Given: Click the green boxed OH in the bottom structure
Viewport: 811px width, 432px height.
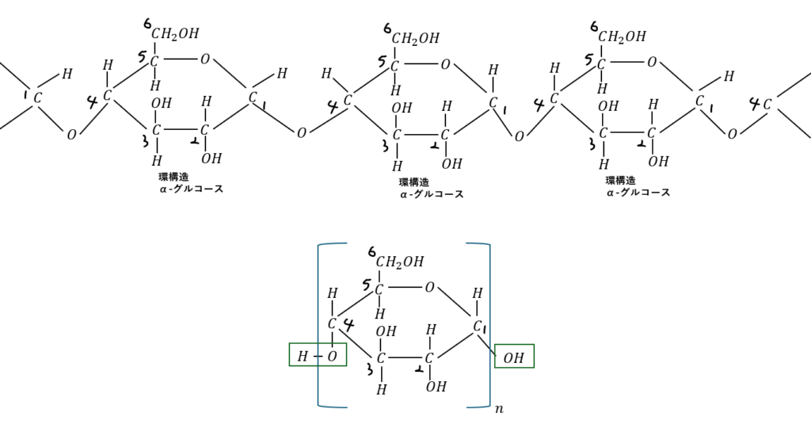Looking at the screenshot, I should (x=514, y=357).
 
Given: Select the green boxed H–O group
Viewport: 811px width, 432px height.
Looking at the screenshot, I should (x=317, y=357).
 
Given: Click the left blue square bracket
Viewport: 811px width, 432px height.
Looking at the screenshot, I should (x=320, y=325).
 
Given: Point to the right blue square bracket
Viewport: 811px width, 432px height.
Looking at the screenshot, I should (x=488, y=325).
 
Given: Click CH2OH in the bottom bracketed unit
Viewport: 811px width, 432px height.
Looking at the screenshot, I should (x=400, y=262).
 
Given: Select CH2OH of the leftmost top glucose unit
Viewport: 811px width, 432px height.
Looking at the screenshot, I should (x=175, y=33).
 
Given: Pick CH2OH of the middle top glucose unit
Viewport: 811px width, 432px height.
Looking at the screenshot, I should (x=416, y=38).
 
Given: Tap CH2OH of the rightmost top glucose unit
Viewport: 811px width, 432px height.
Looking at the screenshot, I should (x=622, y=36).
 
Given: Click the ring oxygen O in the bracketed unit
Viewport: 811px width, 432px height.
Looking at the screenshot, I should (x=429, y=288).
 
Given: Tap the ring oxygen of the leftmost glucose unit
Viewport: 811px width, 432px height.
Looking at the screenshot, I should (x=205, y=59).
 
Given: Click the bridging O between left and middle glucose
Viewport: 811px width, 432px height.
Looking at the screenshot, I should (x=301, y=133).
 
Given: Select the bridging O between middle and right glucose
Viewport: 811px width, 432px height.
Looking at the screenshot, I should (x=519, y=136).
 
